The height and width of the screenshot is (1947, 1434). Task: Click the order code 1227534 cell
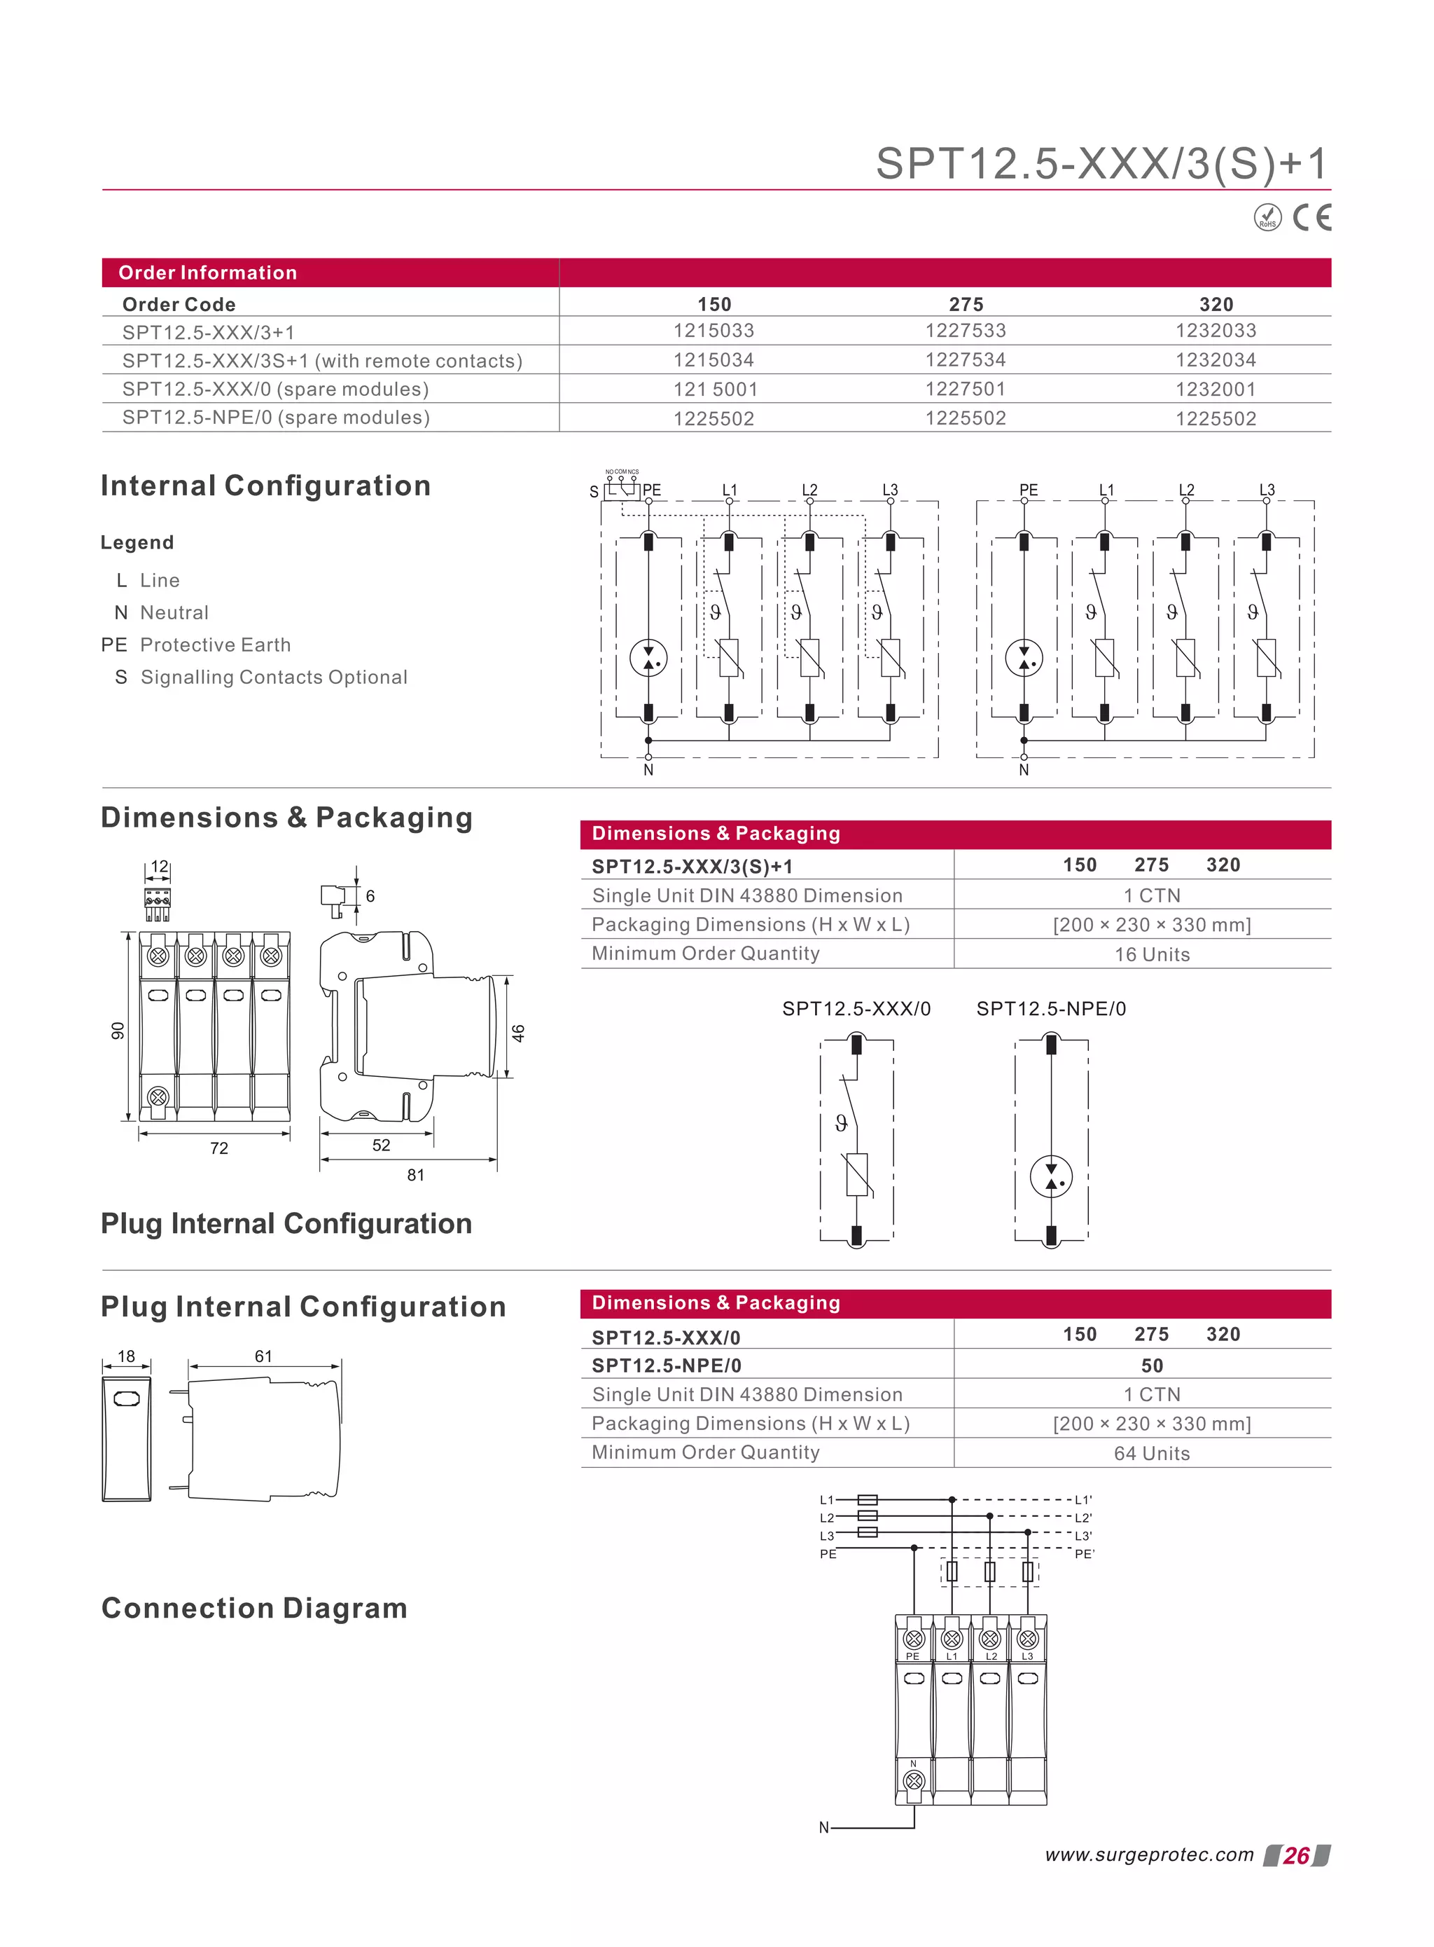[966, 359]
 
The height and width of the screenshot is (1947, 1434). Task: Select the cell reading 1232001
[1216, 389]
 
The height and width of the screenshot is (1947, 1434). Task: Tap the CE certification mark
[1311, 217]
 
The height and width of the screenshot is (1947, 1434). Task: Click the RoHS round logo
[1267, 218]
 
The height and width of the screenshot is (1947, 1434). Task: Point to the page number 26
[1296, 1856]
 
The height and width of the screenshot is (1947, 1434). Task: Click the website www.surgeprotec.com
[1149, 1855]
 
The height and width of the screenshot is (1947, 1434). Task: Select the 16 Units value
[1152, 954]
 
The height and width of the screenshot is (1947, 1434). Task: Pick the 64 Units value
[1152, 1454]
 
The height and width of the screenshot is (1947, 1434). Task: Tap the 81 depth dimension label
[416, 1175]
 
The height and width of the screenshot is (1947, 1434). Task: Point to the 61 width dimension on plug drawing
[264, 1356]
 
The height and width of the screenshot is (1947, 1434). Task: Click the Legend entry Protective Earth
[214, 645]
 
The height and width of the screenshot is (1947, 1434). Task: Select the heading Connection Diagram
[254, 1609]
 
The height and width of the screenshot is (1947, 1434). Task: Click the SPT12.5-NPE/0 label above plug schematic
[1050, 1008]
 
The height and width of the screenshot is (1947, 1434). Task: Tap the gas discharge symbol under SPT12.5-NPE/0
[1051, 1177]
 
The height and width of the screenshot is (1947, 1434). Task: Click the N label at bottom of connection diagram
[823, 1828]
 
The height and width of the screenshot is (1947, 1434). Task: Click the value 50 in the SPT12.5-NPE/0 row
[1152, 1365]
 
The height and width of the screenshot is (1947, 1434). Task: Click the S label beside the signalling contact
[594, 492]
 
